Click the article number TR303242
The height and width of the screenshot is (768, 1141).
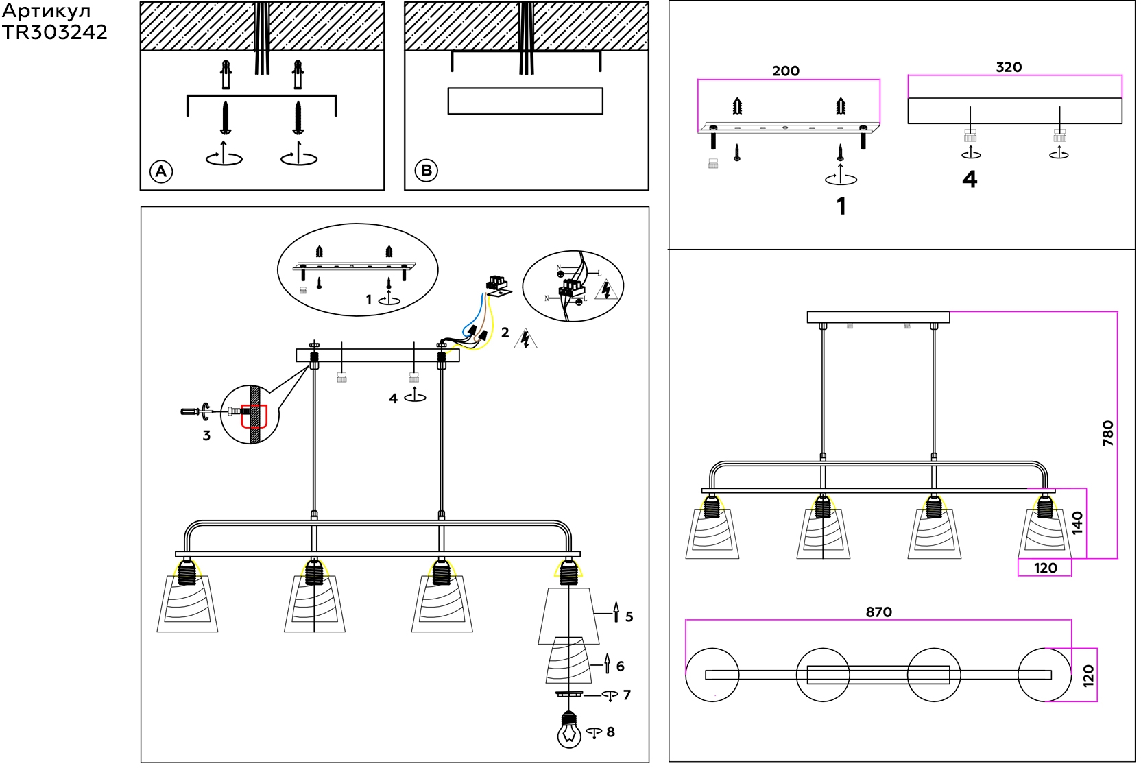(x=54, y=32)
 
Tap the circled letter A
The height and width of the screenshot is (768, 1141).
(x=161, y=171)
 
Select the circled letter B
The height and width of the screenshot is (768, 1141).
(x=427, y=171)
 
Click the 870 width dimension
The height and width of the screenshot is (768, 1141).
(x=878, y=612)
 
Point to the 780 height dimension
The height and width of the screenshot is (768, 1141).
(x=1107, y=433)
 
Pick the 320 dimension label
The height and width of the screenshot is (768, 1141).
(x=1009, y=67)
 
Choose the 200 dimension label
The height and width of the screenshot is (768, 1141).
(x=786, y=71)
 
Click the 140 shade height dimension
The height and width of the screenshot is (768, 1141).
(x=1077, y=523)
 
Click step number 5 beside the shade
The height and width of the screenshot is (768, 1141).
(x=629, y=617)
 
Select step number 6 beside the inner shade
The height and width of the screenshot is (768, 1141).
(x=620, y=667)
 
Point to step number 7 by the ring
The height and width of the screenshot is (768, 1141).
(x=627, y=695)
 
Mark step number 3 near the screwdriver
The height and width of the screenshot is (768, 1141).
(x=206, y=436)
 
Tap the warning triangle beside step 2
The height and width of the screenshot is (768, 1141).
(x=525, y=339)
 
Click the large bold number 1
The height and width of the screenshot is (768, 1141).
(x=841, y=206)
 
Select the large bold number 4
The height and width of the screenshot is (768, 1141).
(x=970, y=180)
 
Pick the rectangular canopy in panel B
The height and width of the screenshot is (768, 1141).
(x=525, y=101)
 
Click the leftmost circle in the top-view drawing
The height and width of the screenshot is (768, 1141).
(x=712, y=675)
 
